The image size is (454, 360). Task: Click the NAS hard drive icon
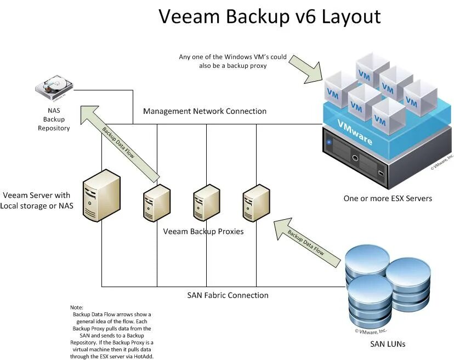coord(54,87)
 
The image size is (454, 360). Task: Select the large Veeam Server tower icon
coord(101,195)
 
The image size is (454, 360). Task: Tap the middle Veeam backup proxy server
coord(207,203)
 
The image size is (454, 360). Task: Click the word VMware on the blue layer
coord(355,132)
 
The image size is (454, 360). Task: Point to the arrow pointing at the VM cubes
coord(305,69)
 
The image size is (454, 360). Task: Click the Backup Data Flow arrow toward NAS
coord(120,143)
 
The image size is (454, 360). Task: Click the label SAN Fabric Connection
coord(228,295)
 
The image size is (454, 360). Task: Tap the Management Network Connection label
coord(205,111)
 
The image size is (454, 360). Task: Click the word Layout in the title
coord(351,17)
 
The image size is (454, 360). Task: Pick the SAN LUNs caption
coord(388,344)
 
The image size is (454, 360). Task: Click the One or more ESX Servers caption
coord(388,198)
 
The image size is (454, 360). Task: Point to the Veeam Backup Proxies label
coord(203,231)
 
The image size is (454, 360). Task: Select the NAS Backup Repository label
coord(54,119)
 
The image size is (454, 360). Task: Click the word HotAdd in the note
coord(143,357)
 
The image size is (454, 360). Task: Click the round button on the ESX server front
coord(355,158)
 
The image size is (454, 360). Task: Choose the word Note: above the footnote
coord(76,307)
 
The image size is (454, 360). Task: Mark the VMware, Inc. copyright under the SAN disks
coord(371,332)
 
